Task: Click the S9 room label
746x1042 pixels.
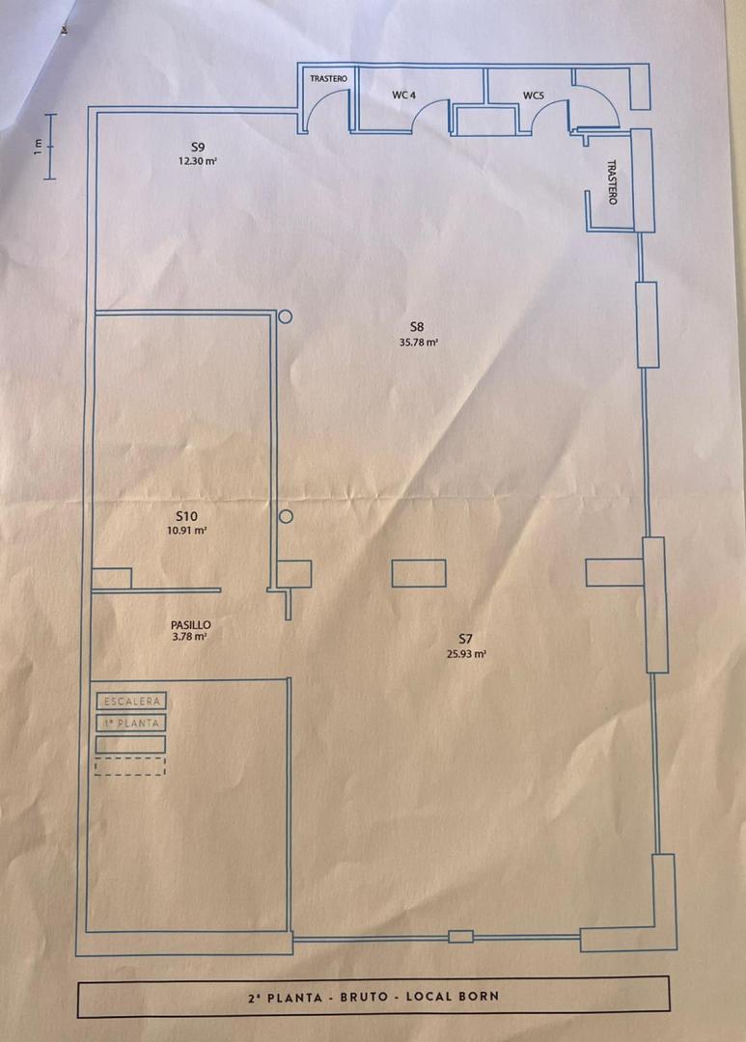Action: pos(198,147)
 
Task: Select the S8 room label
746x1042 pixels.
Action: pos(417,327)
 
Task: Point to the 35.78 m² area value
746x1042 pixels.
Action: pos(418,342)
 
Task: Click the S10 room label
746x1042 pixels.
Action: pos(186,516)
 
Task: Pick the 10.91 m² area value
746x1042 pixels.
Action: pos(187,531)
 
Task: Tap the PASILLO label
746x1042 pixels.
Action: pos(190,625)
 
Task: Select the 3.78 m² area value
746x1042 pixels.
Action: pos(190,638)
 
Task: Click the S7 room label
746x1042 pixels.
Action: pos(466,638)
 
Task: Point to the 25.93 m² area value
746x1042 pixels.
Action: pos(466,653)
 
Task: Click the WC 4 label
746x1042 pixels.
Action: pos(403,95)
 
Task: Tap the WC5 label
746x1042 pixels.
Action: pos(534,95)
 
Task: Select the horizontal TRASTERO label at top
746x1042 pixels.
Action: pos(328,78)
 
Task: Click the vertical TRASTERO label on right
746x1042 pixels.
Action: pos(612,181)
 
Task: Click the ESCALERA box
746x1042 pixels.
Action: pos(130,701)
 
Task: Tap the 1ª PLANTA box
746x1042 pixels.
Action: pos(130,723)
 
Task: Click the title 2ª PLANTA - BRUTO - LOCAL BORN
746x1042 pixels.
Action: pos(373,996)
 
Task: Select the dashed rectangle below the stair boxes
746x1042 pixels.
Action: pos(130,766)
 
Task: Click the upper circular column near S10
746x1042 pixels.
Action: pos(285,316)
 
